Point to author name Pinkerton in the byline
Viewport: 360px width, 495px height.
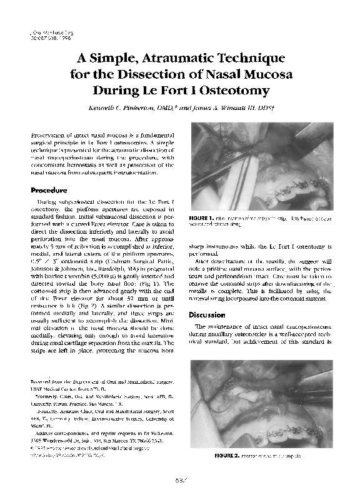point(139,107)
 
